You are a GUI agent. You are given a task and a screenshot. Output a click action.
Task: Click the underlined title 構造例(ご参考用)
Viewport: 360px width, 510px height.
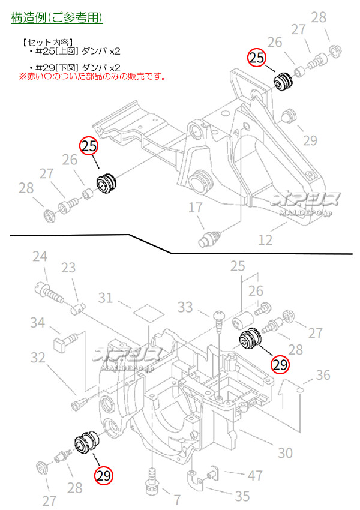point(57,17)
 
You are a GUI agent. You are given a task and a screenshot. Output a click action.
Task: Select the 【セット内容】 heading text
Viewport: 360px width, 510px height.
point(47,43)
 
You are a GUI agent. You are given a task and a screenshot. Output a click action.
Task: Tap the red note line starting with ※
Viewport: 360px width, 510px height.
point(91,77)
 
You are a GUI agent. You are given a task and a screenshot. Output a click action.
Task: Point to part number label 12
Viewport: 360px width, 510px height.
point(265,240)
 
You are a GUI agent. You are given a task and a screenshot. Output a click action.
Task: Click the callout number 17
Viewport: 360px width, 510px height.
point(196,208)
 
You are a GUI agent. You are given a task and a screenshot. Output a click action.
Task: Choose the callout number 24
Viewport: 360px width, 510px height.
point(40,257)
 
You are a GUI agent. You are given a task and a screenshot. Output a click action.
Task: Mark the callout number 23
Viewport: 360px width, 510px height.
point(68,268)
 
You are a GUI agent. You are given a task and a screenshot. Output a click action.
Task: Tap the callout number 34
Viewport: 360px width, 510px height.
point(38,323)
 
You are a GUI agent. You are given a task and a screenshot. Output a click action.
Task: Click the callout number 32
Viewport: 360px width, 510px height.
point(38,358)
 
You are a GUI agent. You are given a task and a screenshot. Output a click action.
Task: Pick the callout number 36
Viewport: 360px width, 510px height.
point(323,375)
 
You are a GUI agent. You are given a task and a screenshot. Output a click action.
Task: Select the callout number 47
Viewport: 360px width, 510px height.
point(256,476)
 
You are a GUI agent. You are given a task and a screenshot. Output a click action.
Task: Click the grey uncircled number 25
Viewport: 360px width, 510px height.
point(238,265)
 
